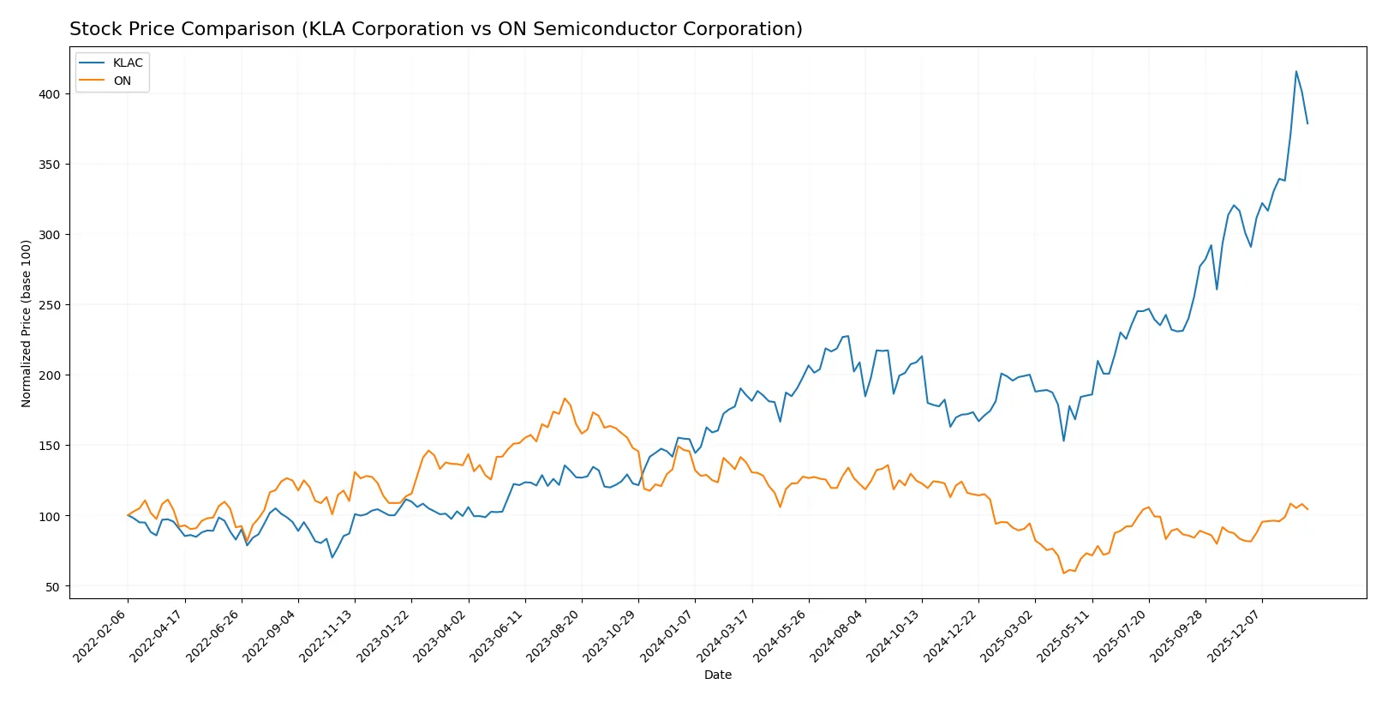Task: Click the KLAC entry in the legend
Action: (x=127, y=63)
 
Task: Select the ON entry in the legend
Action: (x=122, y=81)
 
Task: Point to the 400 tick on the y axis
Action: (x=49, y=94)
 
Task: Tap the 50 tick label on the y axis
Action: (x=52, y=587)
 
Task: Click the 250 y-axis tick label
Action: (x=49, y=305)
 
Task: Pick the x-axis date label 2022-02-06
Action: (x=101, y=635)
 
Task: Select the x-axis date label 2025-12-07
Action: (x=1235, y=635)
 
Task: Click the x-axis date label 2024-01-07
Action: (x=667, y=635)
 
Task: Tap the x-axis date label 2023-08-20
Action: (x=554, y=635)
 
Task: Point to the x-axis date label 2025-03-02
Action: (x=1008, y=635)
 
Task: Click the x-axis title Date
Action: (x=717, y=675)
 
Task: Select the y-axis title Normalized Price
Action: (x=27, y=323)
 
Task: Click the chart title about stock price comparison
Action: (x=435, y=29)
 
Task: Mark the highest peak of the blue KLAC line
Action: (x=1295, y=71)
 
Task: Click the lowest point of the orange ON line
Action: (x=1063, y=573)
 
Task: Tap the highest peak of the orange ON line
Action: (x=565, y=399)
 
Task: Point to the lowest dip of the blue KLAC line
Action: (x=332, y=557)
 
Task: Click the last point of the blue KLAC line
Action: (x=1307, y=123)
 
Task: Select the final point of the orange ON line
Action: (x=1307, y=509)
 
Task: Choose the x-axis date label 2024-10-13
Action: (x=894, y=635)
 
